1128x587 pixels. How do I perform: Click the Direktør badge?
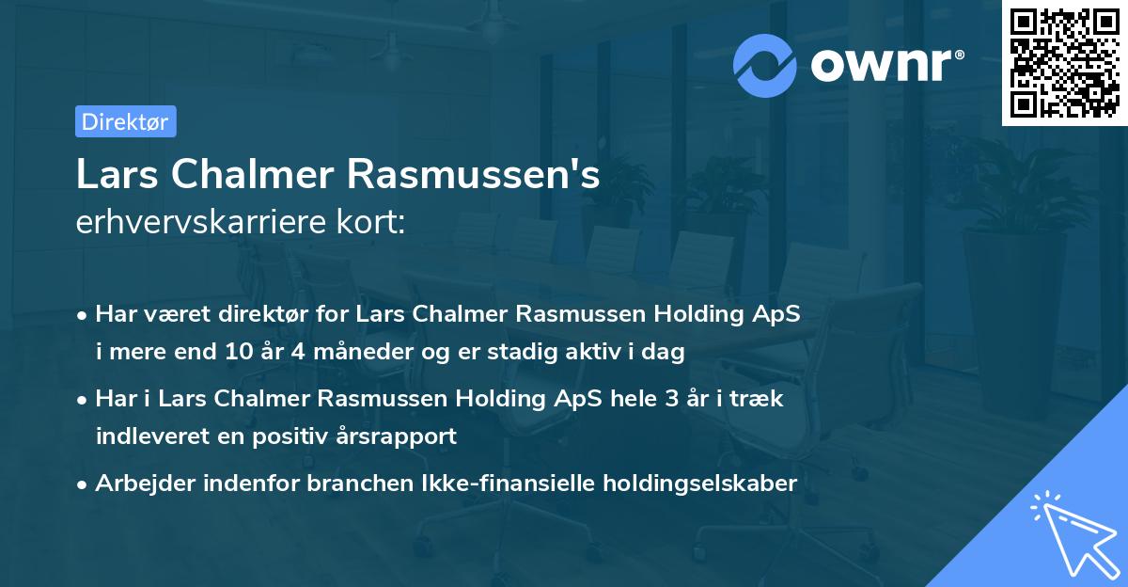coord(125,121)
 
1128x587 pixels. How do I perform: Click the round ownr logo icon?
coord(765,65)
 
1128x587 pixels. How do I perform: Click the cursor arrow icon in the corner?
coord(1072,535)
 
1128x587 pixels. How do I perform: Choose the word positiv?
coord(292,436)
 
